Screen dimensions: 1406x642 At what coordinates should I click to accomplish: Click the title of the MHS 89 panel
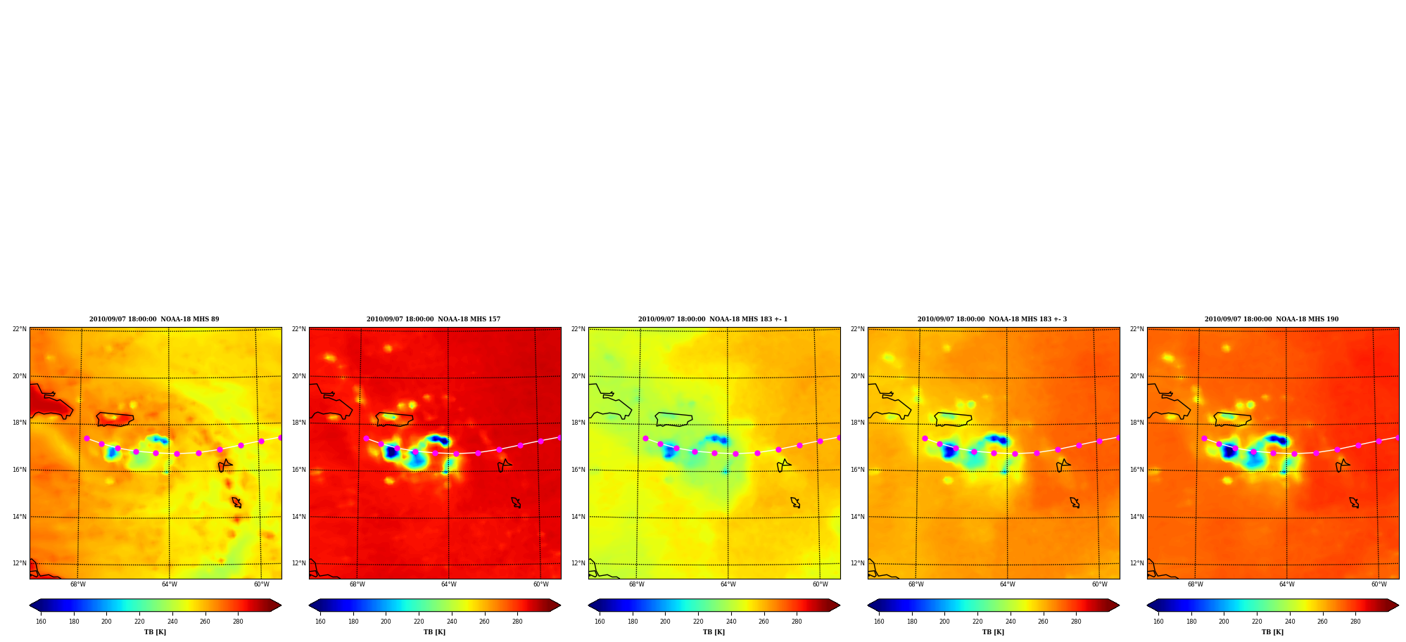pos(154,319)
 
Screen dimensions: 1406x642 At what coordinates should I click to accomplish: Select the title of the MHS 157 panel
pos(433,319)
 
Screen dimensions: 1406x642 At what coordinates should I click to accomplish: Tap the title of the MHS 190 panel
pos(1272,319)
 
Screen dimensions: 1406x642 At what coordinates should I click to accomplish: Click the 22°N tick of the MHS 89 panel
pos(20,329)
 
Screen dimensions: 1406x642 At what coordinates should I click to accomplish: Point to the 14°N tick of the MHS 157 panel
pos(299,517)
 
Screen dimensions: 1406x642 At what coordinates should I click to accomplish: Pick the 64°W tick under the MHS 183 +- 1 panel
pos(728,584)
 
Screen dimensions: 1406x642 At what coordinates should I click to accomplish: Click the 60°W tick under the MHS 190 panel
pos(1379,584)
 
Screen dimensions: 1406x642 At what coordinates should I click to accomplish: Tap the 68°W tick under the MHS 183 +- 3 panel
pos(916,584)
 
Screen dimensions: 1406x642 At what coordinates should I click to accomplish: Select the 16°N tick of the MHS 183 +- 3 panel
pos(858,470)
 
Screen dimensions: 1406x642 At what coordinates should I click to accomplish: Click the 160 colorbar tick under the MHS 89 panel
pos(41,622)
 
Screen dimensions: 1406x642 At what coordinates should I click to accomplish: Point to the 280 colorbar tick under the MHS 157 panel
pos(517,622)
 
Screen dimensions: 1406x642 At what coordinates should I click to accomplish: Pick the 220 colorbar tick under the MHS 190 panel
pos(1257,622)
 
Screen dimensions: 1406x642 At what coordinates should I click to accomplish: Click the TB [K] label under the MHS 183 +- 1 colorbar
pos(714,632)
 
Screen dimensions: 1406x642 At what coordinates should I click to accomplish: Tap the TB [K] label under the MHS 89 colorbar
pos(155,632)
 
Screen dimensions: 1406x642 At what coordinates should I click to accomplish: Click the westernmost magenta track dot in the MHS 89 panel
pos(87,438)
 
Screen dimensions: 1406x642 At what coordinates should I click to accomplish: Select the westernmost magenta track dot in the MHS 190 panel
pos(1204,438)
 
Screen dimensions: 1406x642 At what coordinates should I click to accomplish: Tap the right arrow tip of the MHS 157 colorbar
pos(560,605)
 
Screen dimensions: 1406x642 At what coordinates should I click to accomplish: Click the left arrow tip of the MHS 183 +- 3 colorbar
pos(868,605)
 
